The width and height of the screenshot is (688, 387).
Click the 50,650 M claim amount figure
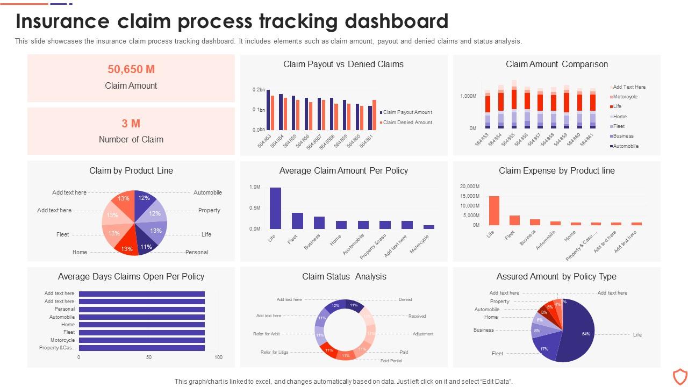pos(131,69)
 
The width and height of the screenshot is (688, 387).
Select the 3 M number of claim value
pos(131,124)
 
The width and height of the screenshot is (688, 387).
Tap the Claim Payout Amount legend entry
pos(407,112)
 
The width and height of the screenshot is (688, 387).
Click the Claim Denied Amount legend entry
pos(407,123)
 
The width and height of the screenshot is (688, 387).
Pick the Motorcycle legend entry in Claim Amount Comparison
pos(625,97)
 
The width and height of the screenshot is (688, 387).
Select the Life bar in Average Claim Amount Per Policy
pos(275,208)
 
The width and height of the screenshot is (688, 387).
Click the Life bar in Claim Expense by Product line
pos(494,210)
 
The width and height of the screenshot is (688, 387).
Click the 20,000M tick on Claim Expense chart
pos(469,186)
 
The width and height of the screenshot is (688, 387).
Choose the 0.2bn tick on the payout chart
pos(258,90)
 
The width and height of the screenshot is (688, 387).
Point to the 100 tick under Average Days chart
pos(218,357)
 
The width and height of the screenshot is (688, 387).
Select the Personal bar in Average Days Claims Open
pos(142,309)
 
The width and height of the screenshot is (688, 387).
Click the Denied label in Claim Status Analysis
pos(405,299)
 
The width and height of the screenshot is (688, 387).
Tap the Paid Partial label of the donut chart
pos(391,361)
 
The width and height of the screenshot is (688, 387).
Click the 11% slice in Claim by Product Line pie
pos(145,246)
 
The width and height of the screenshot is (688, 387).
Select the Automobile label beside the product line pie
pos(207,192)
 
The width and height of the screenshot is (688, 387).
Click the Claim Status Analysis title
pos(344,276)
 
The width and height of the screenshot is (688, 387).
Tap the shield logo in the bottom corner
pos(680,376)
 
